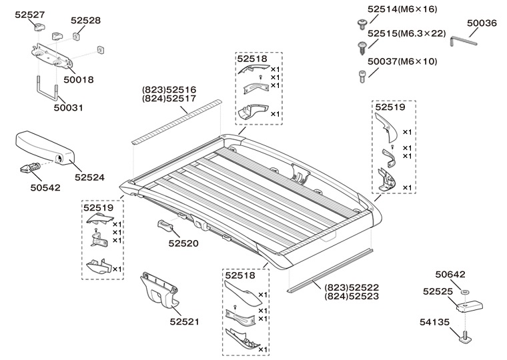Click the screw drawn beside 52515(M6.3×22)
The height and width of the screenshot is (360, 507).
358,45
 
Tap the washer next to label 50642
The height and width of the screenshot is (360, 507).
466,293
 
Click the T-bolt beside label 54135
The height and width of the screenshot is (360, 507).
468,337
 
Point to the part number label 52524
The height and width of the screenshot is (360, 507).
89,177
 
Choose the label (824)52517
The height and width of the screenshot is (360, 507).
169,99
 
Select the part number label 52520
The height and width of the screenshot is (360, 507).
183,244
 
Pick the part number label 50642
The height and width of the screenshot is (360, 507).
450,274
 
